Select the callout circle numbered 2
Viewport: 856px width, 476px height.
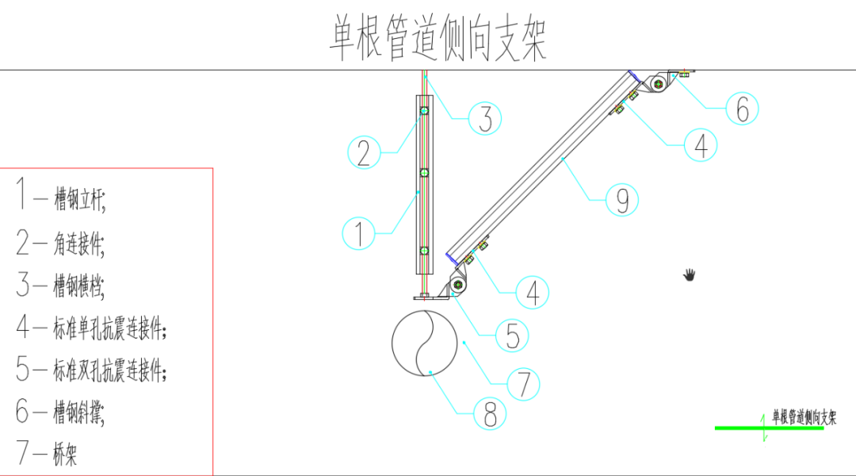click(364, 152)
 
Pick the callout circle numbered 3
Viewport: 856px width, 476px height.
click(485, 119)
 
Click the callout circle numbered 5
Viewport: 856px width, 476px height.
click(512, 336)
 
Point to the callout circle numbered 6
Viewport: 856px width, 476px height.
click(742, 109)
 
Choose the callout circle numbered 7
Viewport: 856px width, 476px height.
click(523, 384)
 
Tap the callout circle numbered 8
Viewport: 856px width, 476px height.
click(491, 413)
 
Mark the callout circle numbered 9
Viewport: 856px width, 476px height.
click(622, 200)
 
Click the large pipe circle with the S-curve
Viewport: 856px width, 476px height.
click(426, 342)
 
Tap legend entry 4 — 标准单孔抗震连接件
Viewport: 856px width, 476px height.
click(92, 327)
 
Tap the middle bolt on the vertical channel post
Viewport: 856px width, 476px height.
click(424, 172)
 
